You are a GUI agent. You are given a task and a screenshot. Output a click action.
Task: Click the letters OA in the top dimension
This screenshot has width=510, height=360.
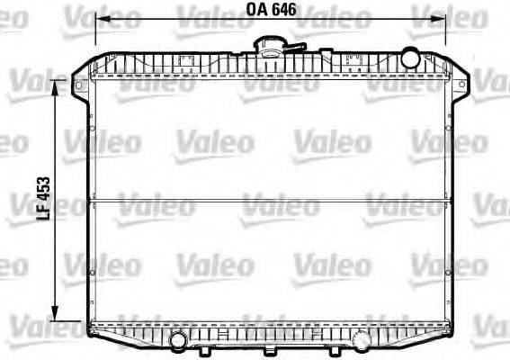pyautogui.click(x=256, y=12)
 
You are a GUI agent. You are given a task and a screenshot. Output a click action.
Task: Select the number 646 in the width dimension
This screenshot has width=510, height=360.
pyautogui.click(x=284, y=12)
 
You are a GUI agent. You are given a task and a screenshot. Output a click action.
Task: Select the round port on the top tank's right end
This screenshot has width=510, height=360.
pyautogui.click(x=410, y=58)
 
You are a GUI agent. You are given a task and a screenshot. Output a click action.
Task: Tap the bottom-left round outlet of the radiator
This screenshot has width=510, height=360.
pyautogui.click(x=178, y=340)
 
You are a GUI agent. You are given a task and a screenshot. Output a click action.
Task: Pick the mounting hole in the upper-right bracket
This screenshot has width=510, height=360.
pyautogui.click(x=456, y=86)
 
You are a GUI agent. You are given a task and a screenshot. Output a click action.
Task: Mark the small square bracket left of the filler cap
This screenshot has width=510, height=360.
pyautogui.click(x=188, y=61)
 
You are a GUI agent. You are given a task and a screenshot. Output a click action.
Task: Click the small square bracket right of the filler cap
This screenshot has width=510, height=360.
pyautogui.click(x=353, y=61)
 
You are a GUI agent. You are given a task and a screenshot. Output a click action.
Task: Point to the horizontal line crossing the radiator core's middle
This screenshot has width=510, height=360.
pyautogui.click(x=270, y=200)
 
